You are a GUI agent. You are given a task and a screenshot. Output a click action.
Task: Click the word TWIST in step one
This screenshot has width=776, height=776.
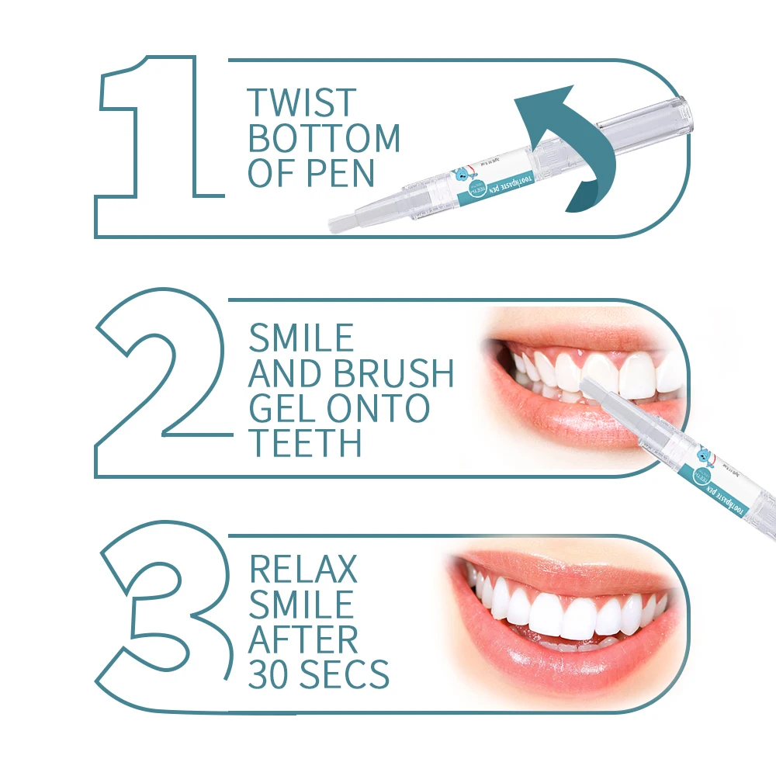tap(302, 103)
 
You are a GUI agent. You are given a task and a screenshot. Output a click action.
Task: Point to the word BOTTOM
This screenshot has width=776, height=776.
tap(324, 138)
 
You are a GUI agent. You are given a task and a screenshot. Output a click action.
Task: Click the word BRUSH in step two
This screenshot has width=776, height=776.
tap(394, 373)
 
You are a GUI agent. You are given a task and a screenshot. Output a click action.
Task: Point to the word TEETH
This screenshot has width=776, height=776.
tap(305, 443)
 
